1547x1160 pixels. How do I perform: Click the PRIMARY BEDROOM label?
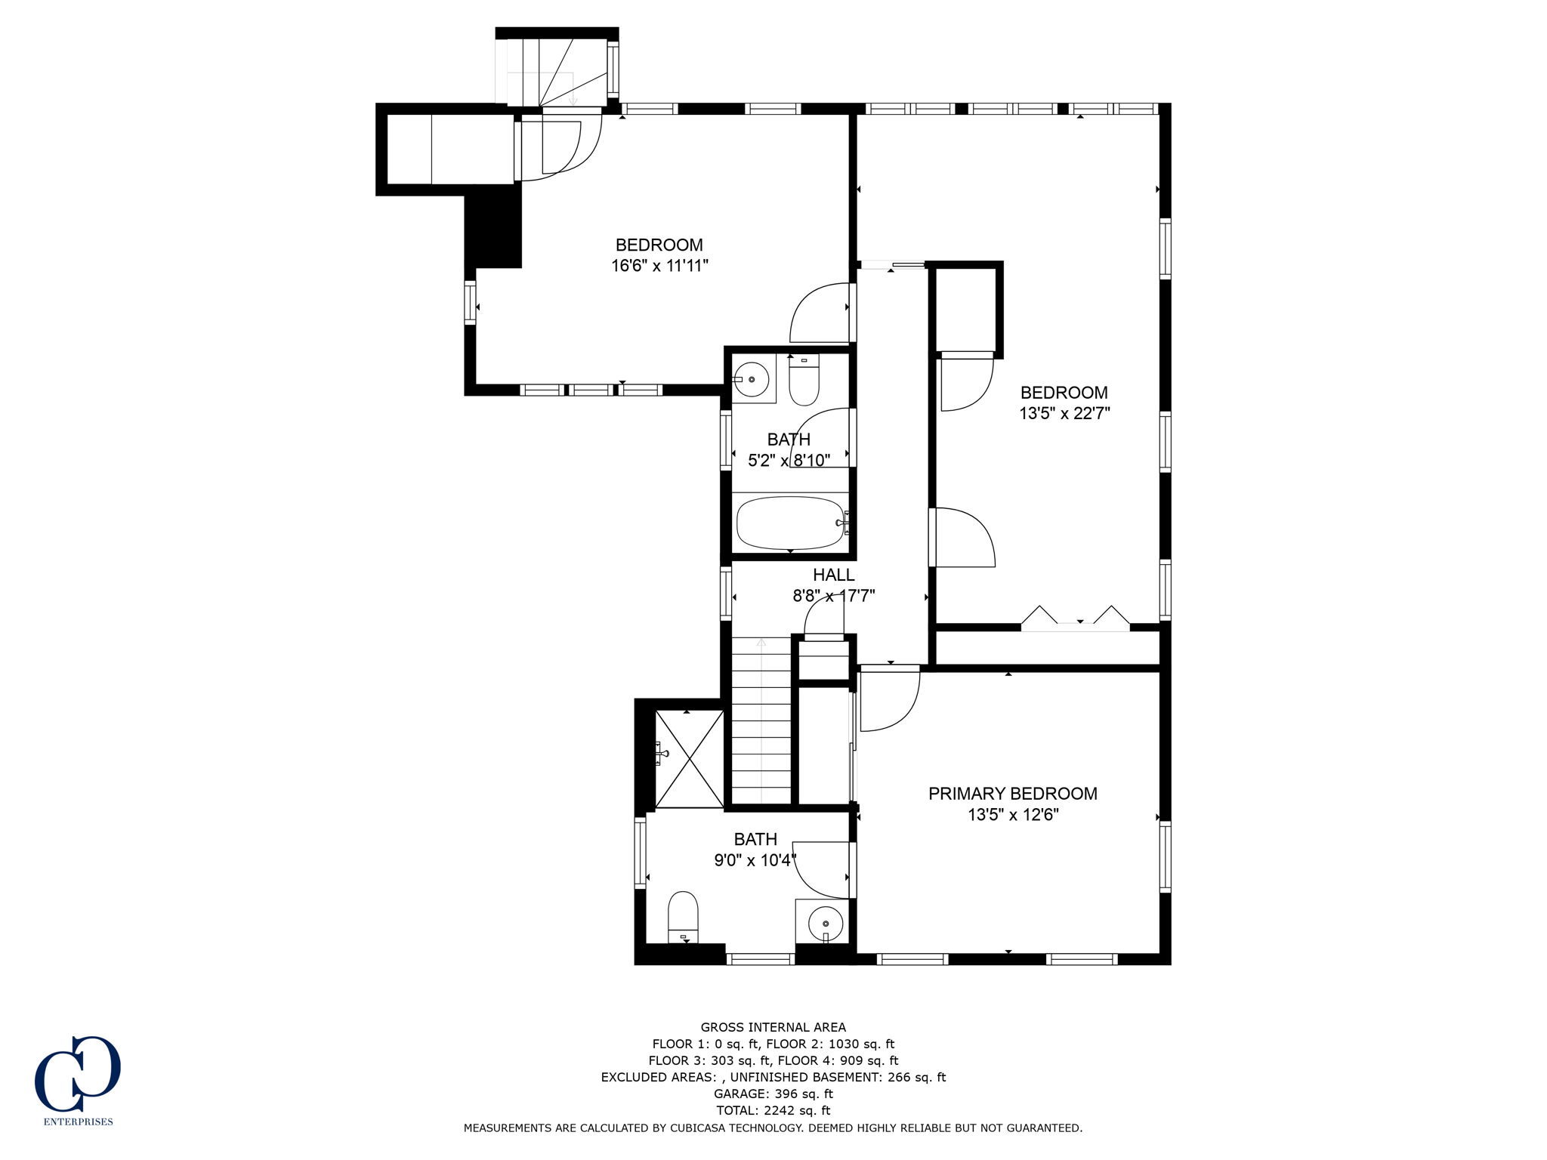[x=1012, y=794]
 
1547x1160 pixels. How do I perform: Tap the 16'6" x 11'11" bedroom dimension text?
[x=659, y=266]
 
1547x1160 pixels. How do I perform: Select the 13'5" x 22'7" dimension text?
[x=1064, y=414]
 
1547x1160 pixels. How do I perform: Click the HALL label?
[x=833, y=575]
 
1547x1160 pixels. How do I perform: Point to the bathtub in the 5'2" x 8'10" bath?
[x=790, y=523]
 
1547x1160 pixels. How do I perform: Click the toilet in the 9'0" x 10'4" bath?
[x=683, y=917]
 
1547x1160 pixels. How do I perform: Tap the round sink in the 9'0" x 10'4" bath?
[x=825, y=922]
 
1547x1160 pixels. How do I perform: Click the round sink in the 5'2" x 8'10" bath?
[x=752, y=379]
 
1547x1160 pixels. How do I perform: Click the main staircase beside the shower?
[x=761, y=721]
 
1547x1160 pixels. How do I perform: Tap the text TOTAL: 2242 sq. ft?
[x=773, y=1110]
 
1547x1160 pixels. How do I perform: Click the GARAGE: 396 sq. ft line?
[x=773, y=1094]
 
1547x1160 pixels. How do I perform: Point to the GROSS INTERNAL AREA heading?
[x=773, y=1027]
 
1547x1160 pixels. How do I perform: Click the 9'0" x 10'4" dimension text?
[x=755, y=860]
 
